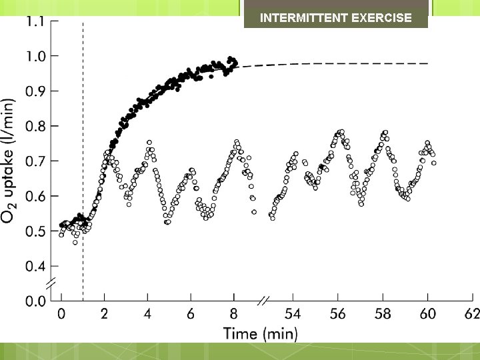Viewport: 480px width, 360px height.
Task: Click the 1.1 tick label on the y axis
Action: [x=35, y=21]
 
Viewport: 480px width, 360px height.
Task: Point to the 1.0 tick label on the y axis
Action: [x=35, y=56]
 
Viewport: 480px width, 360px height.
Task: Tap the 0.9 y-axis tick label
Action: [x=35, y=91]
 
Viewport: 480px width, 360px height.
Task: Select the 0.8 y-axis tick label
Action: [x=35, y=126]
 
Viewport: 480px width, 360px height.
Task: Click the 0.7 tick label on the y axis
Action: [x=35, y=161]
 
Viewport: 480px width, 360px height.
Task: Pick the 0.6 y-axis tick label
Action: [x=35, y=197]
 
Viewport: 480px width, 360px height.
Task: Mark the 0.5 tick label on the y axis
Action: [x=35, y=232]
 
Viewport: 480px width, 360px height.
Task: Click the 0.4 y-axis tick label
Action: [x=35, y=267]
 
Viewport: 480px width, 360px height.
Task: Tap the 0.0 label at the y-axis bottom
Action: [x=35, y=301]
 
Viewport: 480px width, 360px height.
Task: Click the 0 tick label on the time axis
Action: [x=61, y=313]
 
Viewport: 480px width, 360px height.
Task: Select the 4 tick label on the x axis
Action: [x=147, y=313]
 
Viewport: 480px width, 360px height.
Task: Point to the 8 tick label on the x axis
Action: [x=233, y=313]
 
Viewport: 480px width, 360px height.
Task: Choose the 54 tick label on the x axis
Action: [x=293, y=313]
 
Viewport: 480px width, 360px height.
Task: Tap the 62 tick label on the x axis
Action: [x=472, y=313]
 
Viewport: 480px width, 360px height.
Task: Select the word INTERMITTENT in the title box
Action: [x=302, y=18]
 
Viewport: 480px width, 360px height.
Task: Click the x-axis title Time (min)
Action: [x=261, y=333]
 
